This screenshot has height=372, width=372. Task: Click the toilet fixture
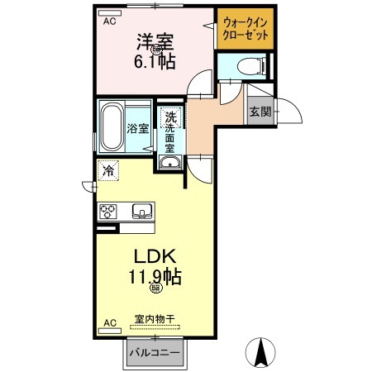pos(247,66)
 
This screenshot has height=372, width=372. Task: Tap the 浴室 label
pos(138,129)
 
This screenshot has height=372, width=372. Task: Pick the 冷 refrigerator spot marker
pos(109,171)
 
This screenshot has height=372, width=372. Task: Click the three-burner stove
pos(109,212)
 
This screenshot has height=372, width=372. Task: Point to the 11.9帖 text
pos(154,277)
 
